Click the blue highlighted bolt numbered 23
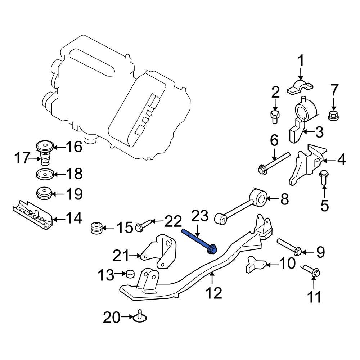[199, 240]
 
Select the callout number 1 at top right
[300, 61]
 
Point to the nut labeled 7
[333, 116]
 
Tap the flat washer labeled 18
[45, 175]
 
